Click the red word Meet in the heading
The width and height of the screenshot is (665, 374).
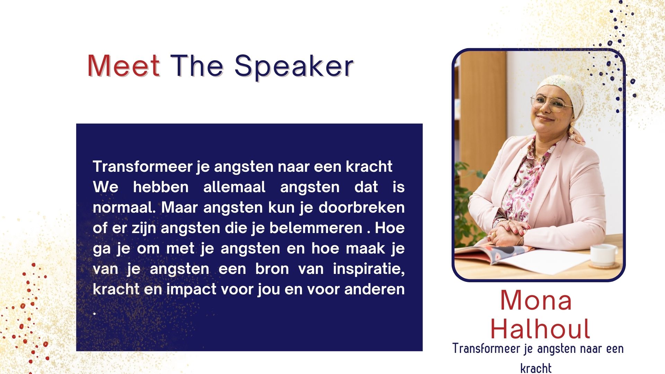point(124,65)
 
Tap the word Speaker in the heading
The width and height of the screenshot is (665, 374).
point(294,66)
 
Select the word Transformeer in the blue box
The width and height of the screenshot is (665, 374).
point(142,166)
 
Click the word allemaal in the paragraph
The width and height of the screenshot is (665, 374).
point(234,187)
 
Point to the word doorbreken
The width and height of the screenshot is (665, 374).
point(362,207)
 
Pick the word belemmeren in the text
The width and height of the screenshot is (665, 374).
point(316,228)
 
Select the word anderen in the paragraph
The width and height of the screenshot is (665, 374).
point(374,289)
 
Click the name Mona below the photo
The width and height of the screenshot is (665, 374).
point(536,300)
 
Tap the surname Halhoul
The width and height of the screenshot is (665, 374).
point(540,329)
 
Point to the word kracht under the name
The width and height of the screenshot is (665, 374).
point(536,368)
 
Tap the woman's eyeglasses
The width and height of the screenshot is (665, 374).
point(551,103)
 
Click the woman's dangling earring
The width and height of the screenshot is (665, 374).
point(572,129)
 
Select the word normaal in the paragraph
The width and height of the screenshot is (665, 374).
point(124,207)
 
